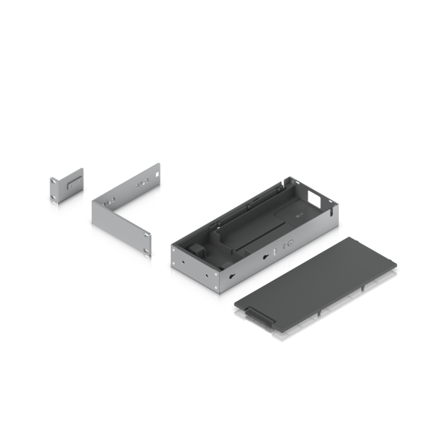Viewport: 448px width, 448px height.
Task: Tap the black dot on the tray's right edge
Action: [x=340, y=224]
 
